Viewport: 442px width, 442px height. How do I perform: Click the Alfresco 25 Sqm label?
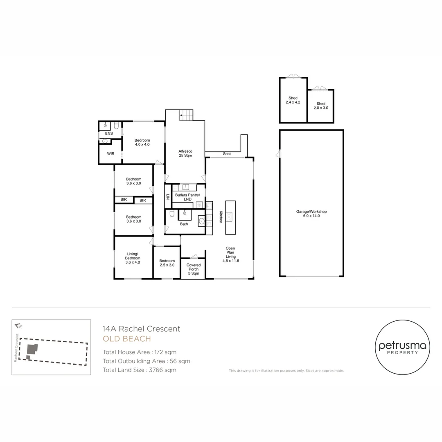click(x=185, y=153)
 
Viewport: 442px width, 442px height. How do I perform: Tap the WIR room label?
click(x=110, y=153)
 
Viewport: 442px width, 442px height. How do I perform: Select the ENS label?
click(x=109, y=133)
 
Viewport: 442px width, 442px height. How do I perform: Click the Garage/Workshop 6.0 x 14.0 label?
click(x=311, y=214)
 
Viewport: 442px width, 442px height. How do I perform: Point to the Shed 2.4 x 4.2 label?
click(x=293, y=100)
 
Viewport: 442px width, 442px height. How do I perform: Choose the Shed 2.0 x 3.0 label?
click(x=321, y=106)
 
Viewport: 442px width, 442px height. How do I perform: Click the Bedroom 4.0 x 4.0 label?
click(x=142, y=142)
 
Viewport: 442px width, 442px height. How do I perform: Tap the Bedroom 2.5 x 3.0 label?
click(x=167, y=263)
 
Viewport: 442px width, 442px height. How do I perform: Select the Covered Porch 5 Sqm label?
click(x=193, y=269)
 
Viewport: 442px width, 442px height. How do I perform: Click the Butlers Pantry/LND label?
click(x=187, y=197)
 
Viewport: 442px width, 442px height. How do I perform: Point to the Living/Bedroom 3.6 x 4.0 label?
click(x=133, y=258)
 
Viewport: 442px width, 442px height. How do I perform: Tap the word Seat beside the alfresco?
click(x=227, y=153)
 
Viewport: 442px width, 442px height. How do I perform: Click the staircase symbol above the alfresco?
click(x=187, y=115)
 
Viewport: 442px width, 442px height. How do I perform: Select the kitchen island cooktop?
click(x=230, y=216)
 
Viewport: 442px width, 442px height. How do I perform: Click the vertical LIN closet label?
click(x=168, y=197)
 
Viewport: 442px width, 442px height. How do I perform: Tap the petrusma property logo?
click(x=402, y=347)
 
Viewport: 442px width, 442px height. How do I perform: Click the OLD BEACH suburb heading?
click(x=127, y=339)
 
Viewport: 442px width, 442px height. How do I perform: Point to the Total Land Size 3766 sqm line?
click(x=140, y=370)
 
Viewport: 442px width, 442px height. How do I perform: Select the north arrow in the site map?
click(x=18, y=326)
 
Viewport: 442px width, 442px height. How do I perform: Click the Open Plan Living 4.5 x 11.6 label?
click(x=230, y=255)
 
